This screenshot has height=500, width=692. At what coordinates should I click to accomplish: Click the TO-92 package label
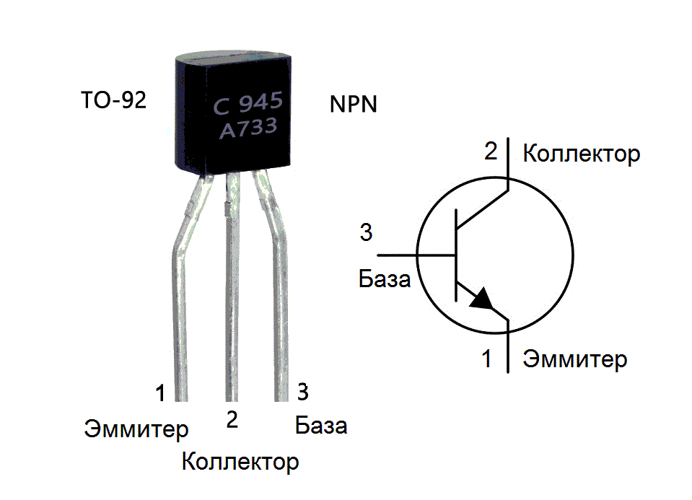[114, 100]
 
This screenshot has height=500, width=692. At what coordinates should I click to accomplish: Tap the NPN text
[354, 104]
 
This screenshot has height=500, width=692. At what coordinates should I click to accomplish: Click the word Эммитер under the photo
[136, 429]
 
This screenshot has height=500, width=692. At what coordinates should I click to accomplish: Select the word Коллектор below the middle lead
[240, 461]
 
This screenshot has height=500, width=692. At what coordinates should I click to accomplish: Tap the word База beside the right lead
[321, 426]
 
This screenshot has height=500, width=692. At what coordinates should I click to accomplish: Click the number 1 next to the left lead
[160, 392]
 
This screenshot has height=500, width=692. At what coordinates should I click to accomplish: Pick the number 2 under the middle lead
[232, 420]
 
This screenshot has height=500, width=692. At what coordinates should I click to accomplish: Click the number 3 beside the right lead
[303, 392]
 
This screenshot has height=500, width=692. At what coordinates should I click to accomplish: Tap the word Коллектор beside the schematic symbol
[581, 154]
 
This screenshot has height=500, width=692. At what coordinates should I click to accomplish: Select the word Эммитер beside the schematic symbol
[575, 359]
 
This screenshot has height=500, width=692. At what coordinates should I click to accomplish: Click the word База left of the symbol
[385, 278]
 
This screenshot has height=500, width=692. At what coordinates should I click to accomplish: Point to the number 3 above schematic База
[366, 233]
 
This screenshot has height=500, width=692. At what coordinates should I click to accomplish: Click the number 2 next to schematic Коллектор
[491, 152]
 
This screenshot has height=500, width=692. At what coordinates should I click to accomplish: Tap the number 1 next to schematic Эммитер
[487, 359]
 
